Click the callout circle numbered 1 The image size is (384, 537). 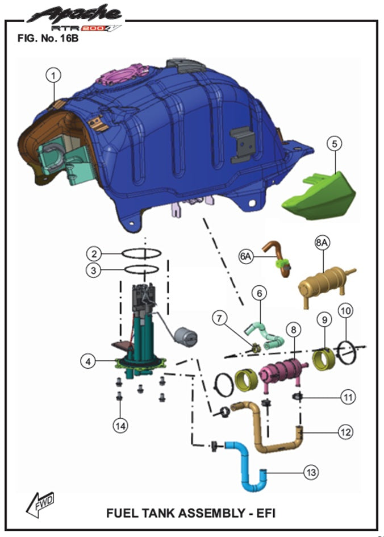click(53, 75)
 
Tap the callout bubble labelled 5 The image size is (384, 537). click(334, 144)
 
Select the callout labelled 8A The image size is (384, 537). click(322, 243)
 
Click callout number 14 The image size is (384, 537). click(120, 426)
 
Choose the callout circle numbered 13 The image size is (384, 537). click(311, 472)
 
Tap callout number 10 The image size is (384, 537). click(345, 311)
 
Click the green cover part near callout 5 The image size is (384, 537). click(319, 195)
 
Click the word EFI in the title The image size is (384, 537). click(265, 513)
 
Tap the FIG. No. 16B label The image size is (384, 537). click(48, 38)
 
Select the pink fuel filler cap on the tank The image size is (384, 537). click(122, 74)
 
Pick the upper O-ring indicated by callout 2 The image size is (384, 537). click(141, 254)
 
